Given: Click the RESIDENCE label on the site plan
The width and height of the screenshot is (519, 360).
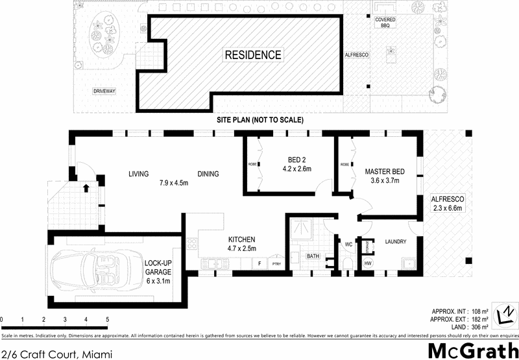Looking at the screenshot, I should coord(253,55).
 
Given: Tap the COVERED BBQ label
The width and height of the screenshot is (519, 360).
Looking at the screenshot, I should coord(385,23).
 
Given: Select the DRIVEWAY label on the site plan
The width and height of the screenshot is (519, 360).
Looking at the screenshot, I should coord(104,91).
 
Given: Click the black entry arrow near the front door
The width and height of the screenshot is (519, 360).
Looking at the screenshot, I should coord(86,189).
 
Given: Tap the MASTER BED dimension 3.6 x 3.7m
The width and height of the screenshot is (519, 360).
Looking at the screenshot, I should coord(385,180).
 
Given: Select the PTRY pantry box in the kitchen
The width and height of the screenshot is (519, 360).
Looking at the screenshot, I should coord(276,264).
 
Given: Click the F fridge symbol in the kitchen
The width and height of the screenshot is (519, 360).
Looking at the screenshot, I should coord(259,263).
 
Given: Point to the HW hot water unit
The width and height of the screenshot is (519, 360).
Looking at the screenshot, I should coord(368,263).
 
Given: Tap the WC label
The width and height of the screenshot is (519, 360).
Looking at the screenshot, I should coord(348,245).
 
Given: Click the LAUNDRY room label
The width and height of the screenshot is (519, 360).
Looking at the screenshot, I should coord(395,242).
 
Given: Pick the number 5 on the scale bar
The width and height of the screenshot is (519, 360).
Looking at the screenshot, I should coord(107,320).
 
